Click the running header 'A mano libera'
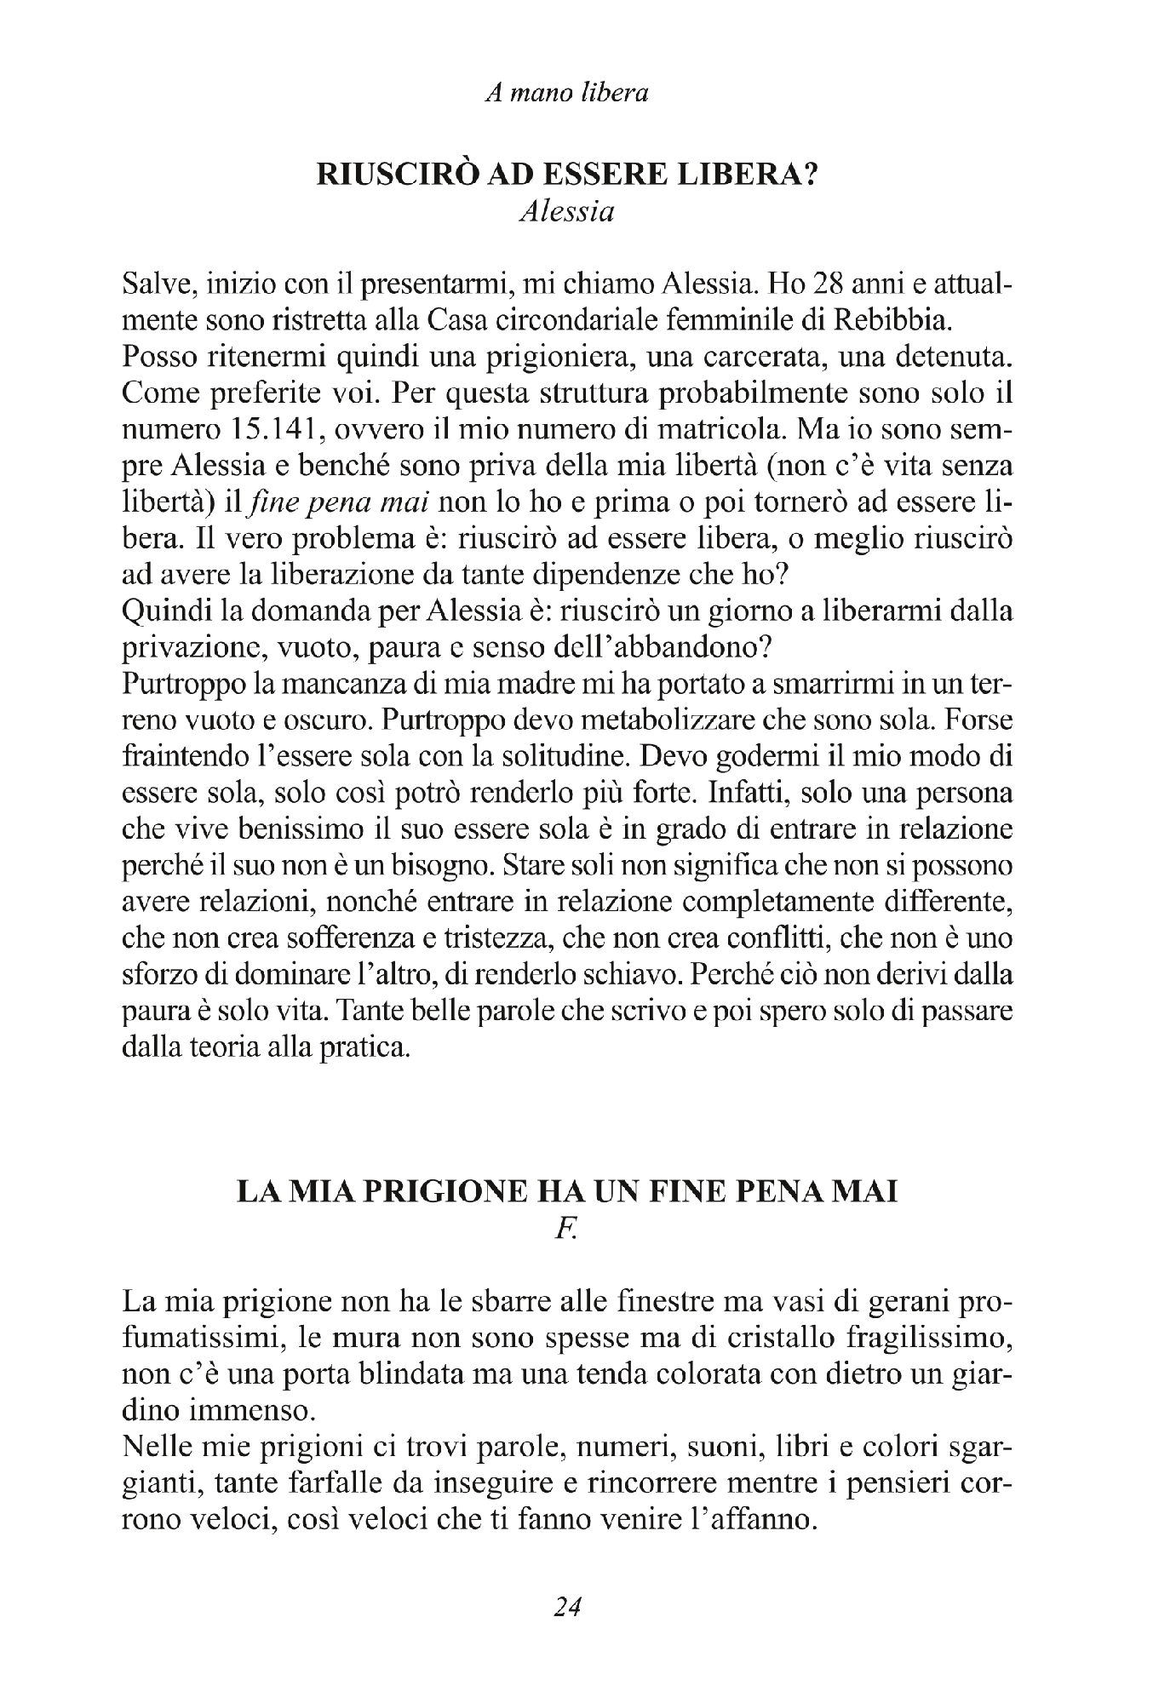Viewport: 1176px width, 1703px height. (566, 93)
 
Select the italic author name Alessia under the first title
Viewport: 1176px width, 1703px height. (566, 212)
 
